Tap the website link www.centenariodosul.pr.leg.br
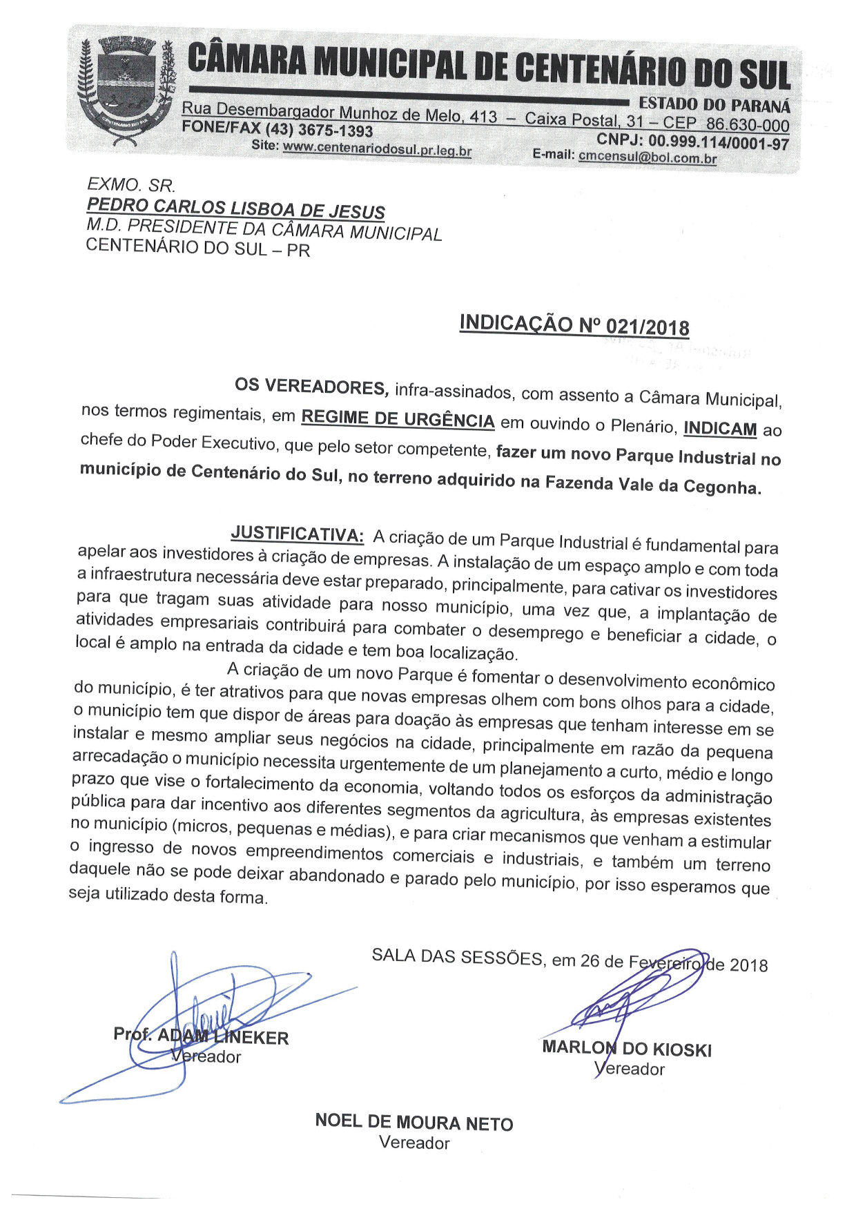tap(377, 150)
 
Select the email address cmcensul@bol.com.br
tap(648, 157)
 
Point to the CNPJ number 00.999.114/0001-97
tap(718, 142)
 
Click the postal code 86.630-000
tap(748, 125)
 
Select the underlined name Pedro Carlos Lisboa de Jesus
tap(235, 208)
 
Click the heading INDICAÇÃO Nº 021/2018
tap(574, 324)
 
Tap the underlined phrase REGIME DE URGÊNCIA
tap(398, 419)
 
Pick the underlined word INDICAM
tap(720, 429)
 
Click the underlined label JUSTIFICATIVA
tap(297, 534)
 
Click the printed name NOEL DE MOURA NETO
tap(414, 1122)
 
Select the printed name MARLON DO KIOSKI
tap(627, 1048)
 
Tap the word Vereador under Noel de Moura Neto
tap(414, 1143)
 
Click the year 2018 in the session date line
tap(748, 965)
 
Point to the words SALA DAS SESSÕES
tap(457, 957)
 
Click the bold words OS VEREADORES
tap(312, 387)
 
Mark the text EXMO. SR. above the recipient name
tap(131, 185)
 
